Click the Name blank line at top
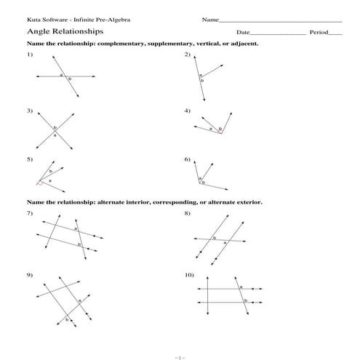279,21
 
